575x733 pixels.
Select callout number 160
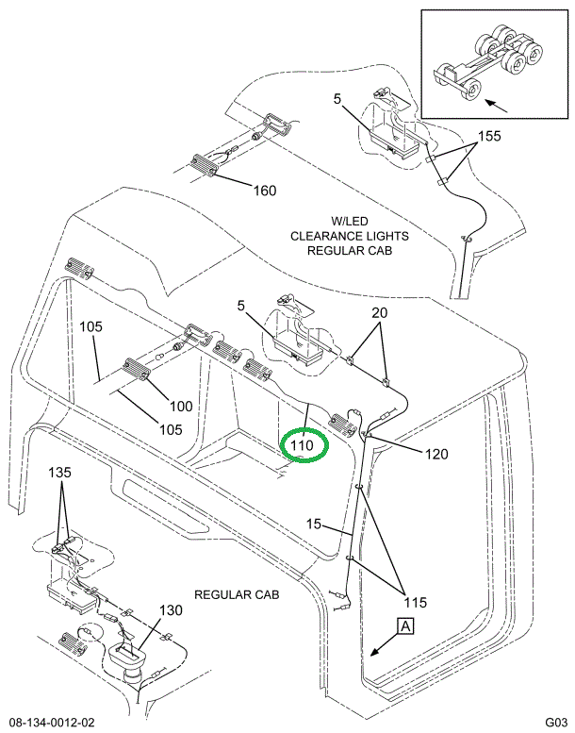[x=265, y=192]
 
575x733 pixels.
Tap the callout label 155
[x=488, y=136]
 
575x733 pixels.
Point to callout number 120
[x=436, y=455]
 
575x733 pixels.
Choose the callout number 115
[x=416, y=602]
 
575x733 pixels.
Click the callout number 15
[x=313, y=524]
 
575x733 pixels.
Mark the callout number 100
[x=180, y=407]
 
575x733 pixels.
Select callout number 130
[x=172, y=610]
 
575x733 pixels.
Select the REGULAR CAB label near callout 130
[x=237, y=595]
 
